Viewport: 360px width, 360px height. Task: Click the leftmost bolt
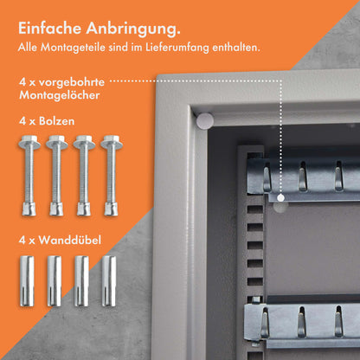click(29, 177)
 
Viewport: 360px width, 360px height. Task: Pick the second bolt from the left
click(57, 177)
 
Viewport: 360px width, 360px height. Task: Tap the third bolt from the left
click(84, 177)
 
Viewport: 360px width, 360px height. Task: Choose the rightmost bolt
click(111, 177)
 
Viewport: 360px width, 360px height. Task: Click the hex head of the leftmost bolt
click(29, 141)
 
